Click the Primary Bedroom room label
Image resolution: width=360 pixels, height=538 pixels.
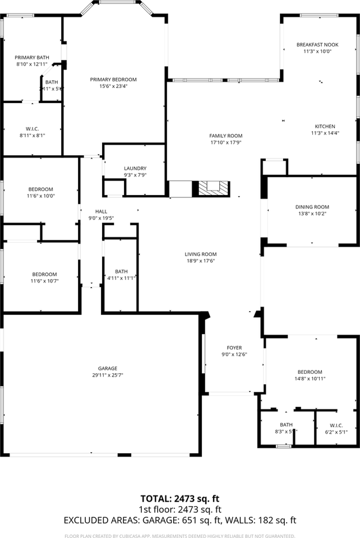[113, 80]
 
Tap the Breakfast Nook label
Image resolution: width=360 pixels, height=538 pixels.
[317, 44]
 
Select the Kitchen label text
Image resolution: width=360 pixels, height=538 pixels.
[325, 126]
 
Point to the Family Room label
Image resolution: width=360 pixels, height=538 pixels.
[226, 136]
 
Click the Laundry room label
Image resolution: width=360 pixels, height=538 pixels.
[135, 168]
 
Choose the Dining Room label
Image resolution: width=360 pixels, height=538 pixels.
[312, 207]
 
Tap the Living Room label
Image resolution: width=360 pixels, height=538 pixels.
[201, 254]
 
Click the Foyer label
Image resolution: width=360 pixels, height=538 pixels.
[234, 347]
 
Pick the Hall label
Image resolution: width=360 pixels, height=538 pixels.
[101, 211]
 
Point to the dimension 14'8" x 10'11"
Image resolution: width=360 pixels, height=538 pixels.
[310, 379]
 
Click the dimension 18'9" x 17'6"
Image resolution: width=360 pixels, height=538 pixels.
[201, 261]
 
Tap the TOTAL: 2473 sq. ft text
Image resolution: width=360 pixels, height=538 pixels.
[179, 498]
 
